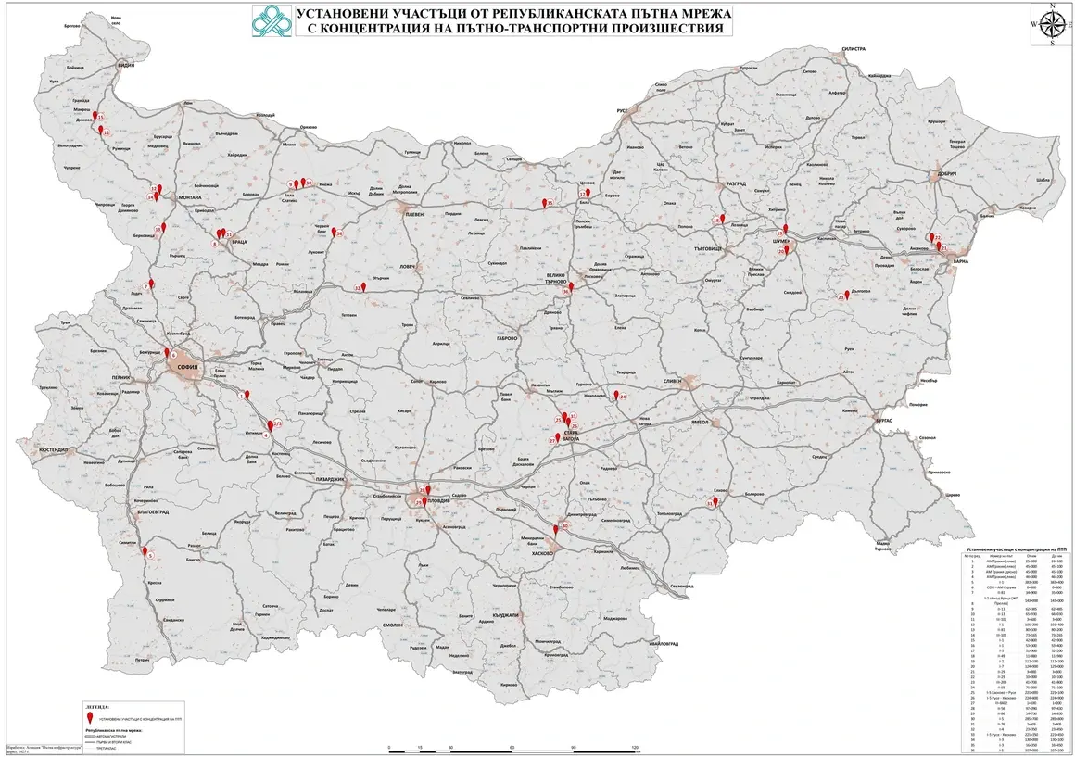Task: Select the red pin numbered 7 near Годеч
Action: [x=149, y=285]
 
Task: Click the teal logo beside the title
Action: [x=273, y=22]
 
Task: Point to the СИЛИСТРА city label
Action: [x=853, y=47]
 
